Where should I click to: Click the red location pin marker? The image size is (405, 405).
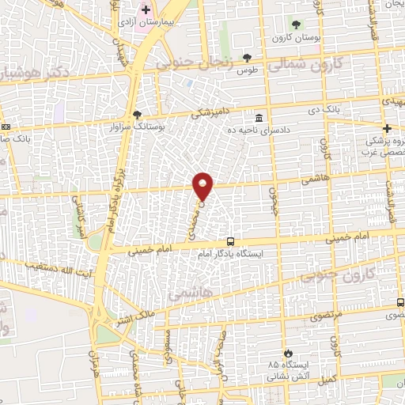pyautogui.click(x=203, y=186)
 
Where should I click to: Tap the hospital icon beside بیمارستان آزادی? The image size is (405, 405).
pyautogui.click(x=145, y=10)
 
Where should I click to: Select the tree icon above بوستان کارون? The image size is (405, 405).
pyautogui.click(x=297, y=25)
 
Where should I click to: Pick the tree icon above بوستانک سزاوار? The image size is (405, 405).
pyautogui.click(x=137, y=115)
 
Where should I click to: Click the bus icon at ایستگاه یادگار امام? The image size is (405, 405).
pyautogui.click(x=230, y=241)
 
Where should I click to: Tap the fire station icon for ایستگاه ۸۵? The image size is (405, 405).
pyautogui.click(x=288, y=353)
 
